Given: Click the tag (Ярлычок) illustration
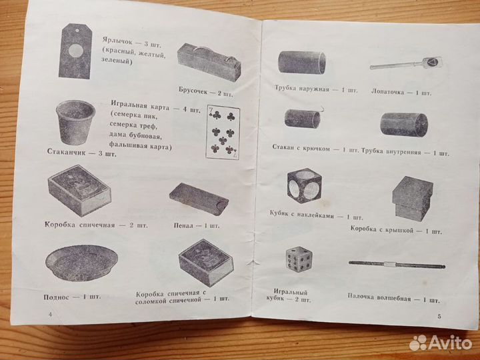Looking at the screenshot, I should coord(76,50).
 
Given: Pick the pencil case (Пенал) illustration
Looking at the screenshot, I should coord(197,199).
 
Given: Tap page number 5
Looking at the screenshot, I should coord(438,315).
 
